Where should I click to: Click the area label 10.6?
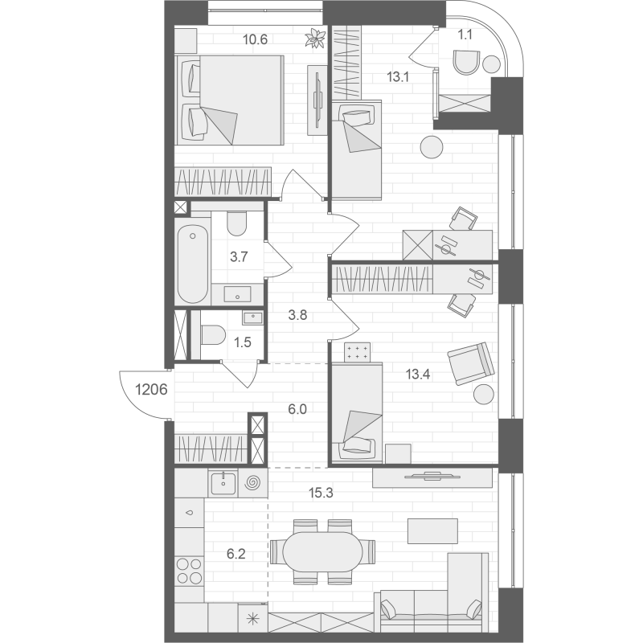(255, 39)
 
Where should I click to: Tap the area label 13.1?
(398, 76)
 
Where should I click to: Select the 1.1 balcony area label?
(465, 35)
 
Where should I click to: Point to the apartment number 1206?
(151, 389)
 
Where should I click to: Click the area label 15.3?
(321, 493)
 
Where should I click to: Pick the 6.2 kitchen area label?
(236, 555)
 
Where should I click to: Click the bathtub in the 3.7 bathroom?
(192, 264)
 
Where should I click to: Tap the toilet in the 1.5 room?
(213, 335)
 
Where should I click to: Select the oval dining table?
(323, 551)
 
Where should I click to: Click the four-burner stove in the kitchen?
(189, 571)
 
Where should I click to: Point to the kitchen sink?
(223, 484)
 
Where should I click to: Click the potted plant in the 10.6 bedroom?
(315, 39)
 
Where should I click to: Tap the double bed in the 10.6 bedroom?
(230, 100)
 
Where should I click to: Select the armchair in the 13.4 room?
(471, 364)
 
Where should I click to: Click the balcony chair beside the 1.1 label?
(467, 63)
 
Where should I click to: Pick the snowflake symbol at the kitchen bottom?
(253, 619)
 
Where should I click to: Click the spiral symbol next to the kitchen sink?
(252, 483)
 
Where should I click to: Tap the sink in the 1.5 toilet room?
(252, 317)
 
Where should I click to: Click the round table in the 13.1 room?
(432, 147)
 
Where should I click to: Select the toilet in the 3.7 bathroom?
(236, 223)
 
